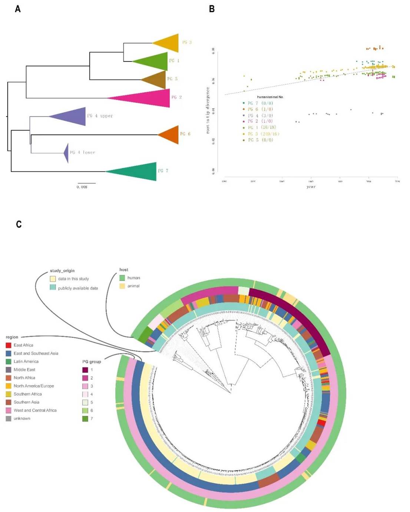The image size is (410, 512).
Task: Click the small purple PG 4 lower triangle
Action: pyautogui.click(x=66, y=152)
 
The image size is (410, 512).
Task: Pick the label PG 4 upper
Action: pyautogui.click(x=100, y=116)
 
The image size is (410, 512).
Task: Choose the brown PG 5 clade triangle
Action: pyautogui.click(x=156, y=79)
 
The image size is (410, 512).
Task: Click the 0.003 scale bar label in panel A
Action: pyautogui.click(x=82, y=187)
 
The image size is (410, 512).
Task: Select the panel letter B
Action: pyautogui.click(x=212, y=9)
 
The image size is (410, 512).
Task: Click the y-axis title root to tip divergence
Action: pyautogui.click(x=208, y=110)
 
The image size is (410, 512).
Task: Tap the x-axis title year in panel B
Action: pyautogui.click(x=311, y=186)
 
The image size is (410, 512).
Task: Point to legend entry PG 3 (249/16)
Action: pyautogui.click(x=263, y=134)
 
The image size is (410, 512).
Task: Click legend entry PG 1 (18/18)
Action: pyautogui.click(x=262, y=128)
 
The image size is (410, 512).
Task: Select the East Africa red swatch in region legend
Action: pyautogui.click(x=9, y=345)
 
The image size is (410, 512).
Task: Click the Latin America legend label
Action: pyautogui.click(x=26, y=361)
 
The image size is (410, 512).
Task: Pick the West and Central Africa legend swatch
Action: pyautogui.click(x=9, y=410)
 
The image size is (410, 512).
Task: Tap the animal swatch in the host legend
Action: pyautogui.click(x=122, y=286)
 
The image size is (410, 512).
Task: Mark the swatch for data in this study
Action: pyautogui.click(x=53, y=279)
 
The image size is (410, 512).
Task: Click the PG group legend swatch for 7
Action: pyautogui.click(x=85, y=419)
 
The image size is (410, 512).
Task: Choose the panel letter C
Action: pyautogui.click(x=19, y=224)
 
